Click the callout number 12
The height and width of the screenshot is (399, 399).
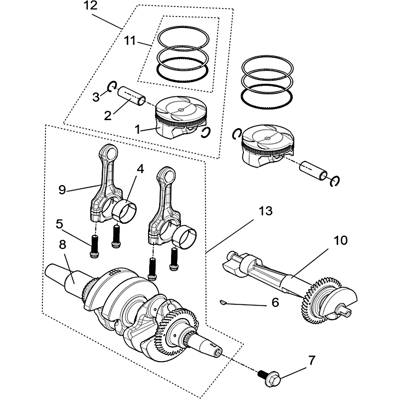click(x=90, y=6)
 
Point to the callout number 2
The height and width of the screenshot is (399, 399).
click(x=107, y=116)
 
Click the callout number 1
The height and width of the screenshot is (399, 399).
click(x=137, y=129)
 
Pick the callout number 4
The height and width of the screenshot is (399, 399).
click(x=140, y=169)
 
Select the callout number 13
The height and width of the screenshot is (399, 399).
click(x=266, y=211)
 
